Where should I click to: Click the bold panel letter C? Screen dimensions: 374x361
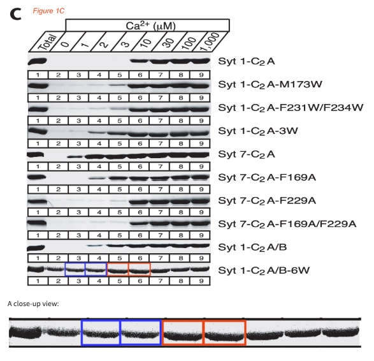(15, 14)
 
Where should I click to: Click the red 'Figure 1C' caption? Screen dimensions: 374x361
(48, 11)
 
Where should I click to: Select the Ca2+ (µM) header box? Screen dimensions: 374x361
(147, 25)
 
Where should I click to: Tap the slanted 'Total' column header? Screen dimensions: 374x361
(48, 42)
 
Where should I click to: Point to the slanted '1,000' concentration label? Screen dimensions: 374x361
(210, 42)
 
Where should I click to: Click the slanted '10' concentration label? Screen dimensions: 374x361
(146, 43)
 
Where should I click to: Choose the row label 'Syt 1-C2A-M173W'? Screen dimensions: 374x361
(270, 85)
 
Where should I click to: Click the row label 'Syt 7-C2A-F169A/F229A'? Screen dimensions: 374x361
(287, 224)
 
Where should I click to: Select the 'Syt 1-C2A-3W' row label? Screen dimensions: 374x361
(258, 131)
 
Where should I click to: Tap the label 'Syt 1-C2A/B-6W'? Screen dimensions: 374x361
(264, 270)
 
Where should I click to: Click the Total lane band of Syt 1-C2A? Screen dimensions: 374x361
(37, 61)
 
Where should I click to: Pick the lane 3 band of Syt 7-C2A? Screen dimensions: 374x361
(75, 157)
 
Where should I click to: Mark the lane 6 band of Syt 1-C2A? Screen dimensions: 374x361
(139, 61)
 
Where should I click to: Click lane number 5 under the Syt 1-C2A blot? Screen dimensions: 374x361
(120, 75)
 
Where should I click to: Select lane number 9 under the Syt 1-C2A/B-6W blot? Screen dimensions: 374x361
(201, 281)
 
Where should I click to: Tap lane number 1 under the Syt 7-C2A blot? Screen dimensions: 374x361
(38, 166)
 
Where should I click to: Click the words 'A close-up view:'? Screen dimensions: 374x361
(33, 304)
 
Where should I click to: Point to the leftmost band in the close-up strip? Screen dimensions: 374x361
(25, 332)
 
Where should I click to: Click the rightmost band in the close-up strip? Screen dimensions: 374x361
(341, 332)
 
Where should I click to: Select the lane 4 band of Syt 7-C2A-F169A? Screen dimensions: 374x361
(98, 178)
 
